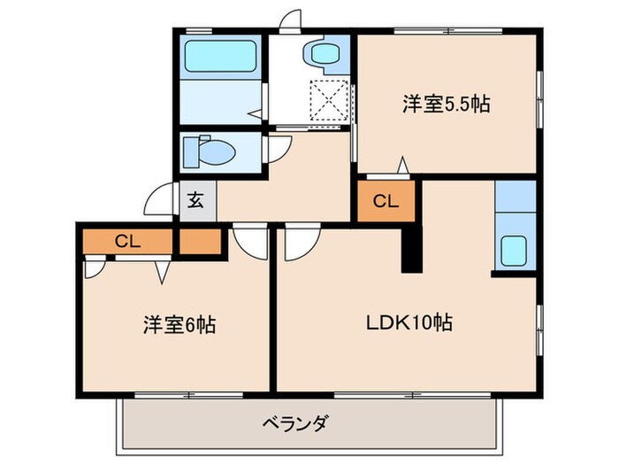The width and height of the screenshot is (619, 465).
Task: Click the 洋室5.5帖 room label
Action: click(447, 104)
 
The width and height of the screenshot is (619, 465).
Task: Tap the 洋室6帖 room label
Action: click(179, 324)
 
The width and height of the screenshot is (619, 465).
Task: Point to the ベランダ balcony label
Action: click(295, 422)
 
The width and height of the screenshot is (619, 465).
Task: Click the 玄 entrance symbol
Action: click(195, 200)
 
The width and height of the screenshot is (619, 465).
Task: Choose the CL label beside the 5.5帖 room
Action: click(385, 201)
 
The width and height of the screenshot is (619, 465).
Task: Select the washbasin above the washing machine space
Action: click(325, 54)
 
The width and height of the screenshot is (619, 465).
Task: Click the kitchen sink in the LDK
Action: click(514, 250)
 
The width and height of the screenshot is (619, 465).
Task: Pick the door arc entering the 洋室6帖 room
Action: click(249, 241)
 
